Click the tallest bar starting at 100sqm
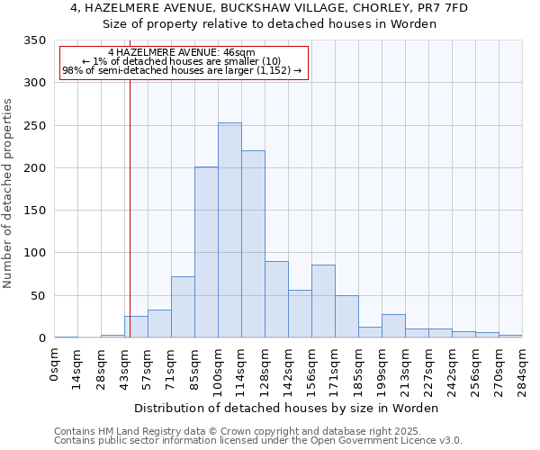point(229,230)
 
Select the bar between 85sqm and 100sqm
point(206,253)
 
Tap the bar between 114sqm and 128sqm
point(253,245)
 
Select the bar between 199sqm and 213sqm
point(393,327)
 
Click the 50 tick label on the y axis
point(37,296)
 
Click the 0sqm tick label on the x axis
point(54,365)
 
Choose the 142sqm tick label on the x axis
point(288,370)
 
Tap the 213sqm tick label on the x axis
point(405,370)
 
